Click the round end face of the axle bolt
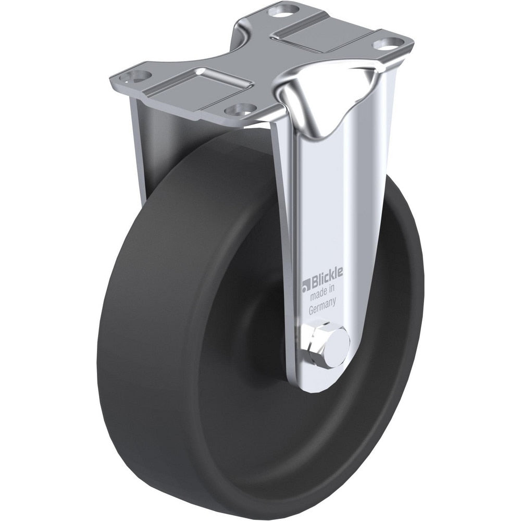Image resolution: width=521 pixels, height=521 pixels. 339,342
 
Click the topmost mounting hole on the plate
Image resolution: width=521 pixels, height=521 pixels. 283,9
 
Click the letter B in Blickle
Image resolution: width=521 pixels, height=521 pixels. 314,284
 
